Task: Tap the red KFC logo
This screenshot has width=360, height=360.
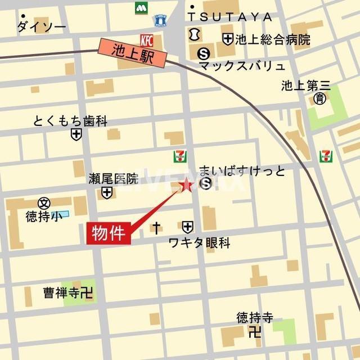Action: pos(146,40)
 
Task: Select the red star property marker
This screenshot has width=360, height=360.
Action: pos(186,185)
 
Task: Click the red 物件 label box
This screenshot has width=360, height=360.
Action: pos(109,232)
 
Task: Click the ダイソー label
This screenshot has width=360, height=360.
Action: pos(41,26)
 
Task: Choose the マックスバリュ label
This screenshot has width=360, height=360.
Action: pos(242,66)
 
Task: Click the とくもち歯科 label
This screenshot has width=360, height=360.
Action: pos(70,121)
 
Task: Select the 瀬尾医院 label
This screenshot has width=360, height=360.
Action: pos(113,179)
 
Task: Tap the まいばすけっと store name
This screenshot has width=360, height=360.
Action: pos(242,171)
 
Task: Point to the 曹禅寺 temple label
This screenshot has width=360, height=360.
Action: pos(63,292)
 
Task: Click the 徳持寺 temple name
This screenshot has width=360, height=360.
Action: pos(255,318)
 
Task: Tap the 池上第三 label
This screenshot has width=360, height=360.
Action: pos(307,86)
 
